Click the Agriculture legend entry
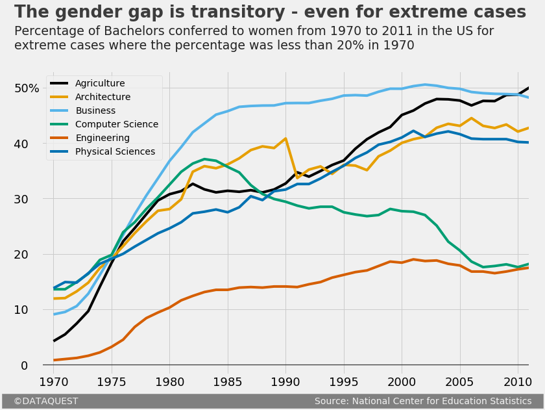coord(100,84)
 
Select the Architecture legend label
coord(103,97)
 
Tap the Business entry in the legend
coord(95,111)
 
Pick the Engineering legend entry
coord(103,138)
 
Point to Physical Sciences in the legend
coord(115,152)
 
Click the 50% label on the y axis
coord(32,88)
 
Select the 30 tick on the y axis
coord(38,199)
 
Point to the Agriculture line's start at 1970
coord(54,340)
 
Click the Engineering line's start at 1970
coord(54,360)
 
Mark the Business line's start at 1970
coord(54,314)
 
